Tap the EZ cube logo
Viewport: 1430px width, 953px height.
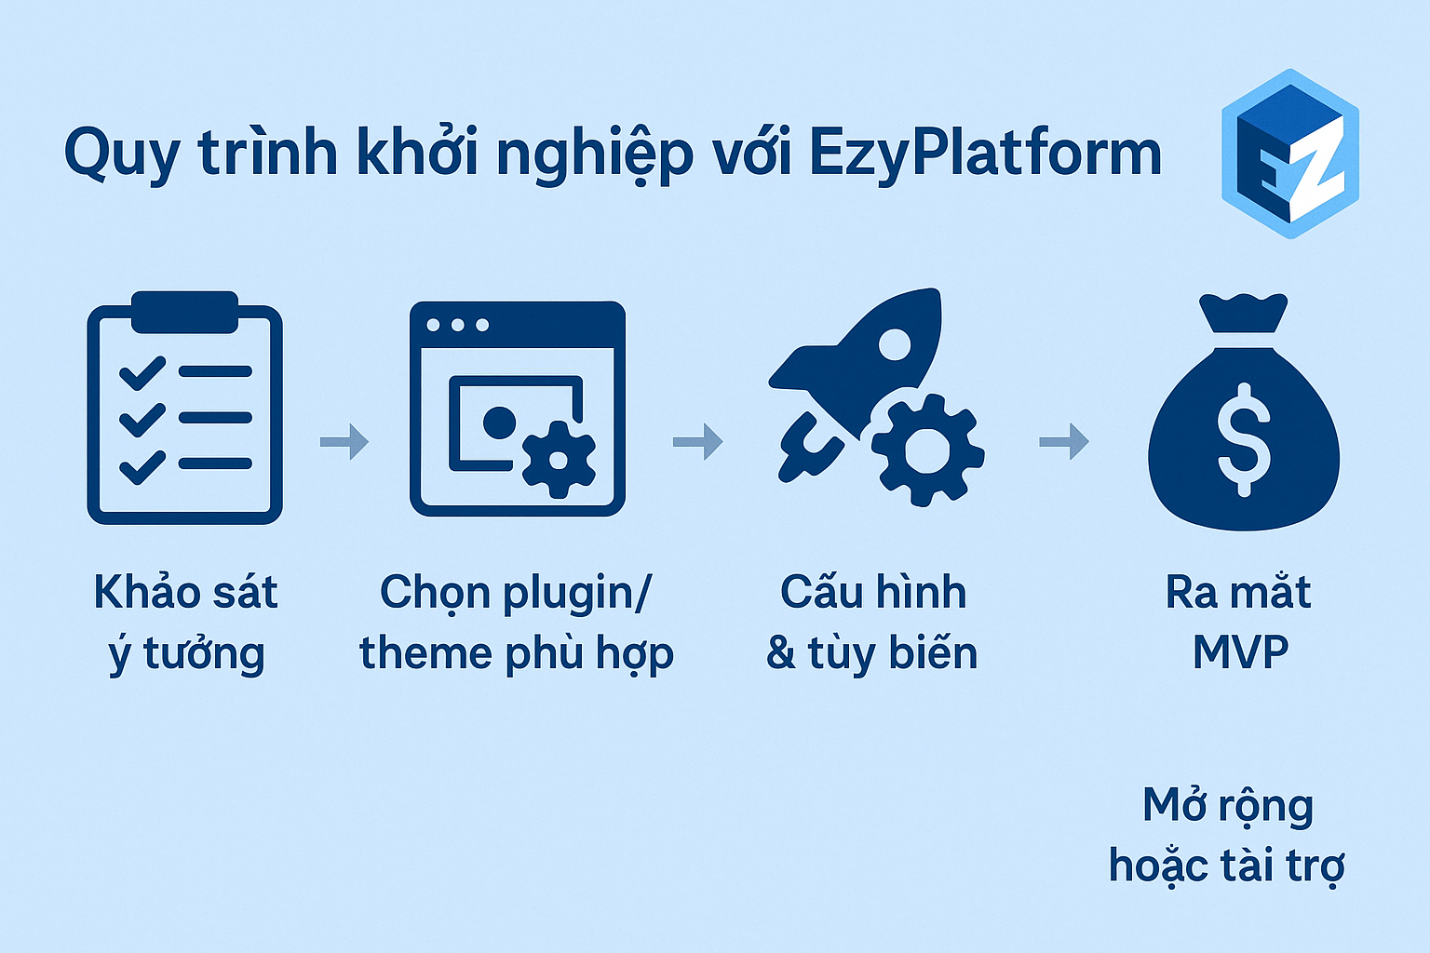[x=1290, y=154]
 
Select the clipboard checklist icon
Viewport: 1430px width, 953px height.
[x=185, y=408]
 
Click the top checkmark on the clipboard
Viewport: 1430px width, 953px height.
[x=143, y=373]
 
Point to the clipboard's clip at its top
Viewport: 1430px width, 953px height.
[x=185, y=312]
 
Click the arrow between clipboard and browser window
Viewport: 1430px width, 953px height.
[x=344, y=441]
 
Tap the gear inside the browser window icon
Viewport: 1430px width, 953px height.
[x=560, y=459]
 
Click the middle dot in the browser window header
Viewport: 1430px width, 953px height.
[x=458, y=325]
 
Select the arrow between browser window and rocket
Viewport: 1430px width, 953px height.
[x=698, y=441]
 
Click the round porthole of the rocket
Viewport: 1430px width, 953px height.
[x=895, y=344]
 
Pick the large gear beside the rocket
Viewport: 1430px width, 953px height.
[x=927, y=450]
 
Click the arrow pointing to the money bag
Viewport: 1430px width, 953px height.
[x=1064, y=441]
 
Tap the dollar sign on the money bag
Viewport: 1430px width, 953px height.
[x=1244, y=440]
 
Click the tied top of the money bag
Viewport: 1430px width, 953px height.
[x=1244, y=314]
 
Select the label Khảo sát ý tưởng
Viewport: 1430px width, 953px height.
[x=186, y=623]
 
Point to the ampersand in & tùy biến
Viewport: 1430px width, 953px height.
[x=781, y=652]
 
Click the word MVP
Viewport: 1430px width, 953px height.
[x=1241, y=652]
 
